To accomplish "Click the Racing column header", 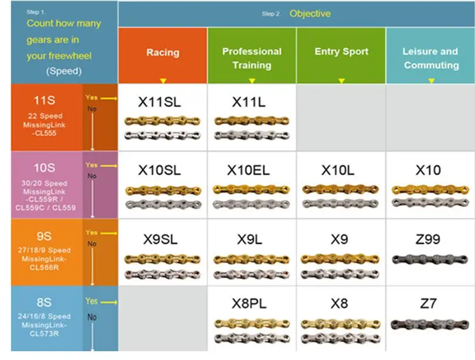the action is point(163,52).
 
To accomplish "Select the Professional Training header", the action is point(252,58).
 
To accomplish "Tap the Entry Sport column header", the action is point(341,52).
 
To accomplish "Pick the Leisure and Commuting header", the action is point(430,58).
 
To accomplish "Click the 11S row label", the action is point(45,100).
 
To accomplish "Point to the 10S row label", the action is point(45,168).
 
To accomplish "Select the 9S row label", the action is point(44,236).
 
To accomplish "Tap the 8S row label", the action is point(44,302).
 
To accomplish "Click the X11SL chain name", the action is point(159,102).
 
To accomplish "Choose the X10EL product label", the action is point(248,170).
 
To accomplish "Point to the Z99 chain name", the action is point(428,239).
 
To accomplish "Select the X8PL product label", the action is point(249,303).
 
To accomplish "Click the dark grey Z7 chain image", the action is point(429,324).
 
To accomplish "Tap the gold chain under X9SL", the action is point(162,259).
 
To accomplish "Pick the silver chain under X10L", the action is point(340,204).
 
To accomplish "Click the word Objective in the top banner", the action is point(310,13).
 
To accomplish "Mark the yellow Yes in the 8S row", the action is point(91,301).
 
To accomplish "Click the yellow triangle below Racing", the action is point(163,81).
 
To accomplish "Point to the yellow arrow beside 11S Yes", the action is point(109,98).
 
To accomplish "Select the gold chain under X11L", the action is point(252,121).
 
